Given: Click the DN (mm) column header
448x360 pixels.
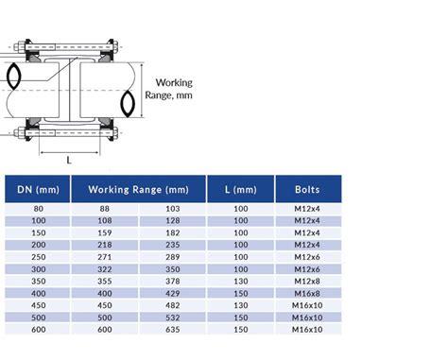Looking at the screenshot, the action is coord(38,190).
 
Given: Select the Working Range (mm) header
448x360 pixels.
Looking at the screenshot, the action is coord(139,190).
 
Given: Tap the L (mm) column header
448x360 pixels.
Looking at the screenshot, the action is coord(241,190).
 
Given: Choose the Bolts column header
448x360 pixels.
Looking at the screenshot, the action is coord(307,190).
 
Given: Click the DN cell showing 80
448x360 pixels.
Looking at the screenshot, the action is coord(39,209).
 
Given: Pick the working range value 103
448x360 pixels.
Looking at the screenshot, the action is coord(173,209).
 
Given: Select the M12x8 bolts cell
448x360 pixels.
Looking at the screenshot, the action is coord(307,282).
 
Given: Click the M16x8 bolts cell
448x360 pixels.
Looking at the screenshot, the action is coord(307,294).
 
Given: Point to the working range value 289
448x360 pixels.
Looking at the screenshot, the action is coord(173,257).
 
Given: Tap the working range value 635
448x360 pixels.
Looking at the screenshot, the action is coord(173,330).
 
